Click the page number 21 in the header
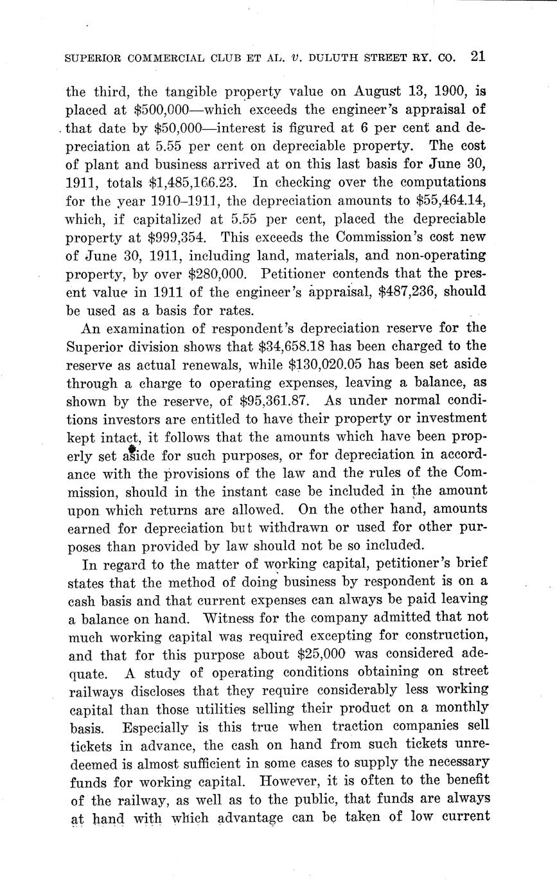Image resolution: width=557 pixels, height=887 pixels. [477, 56]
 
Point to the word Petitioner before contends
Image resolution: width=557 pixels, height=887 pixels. [302, 274]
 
